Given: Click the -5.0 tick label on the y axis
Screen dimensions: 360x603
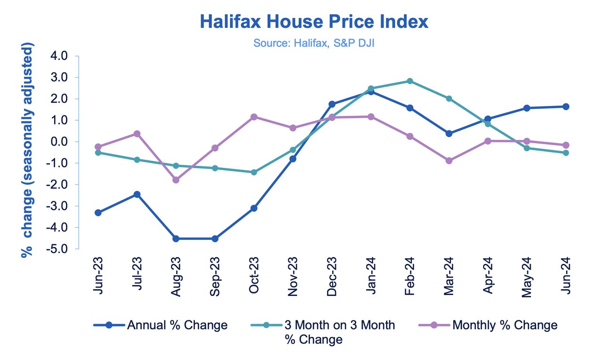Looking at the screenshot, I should click(58, 249).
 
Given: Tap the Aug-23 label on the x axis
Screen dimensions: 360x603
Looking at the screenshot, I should click(176, 276).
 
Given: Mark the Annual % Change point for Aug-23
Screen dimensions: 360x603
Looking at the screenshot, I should click(176, 239).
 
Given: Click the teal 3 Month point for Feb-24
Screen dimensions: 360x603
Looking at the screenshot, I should click(410, 81).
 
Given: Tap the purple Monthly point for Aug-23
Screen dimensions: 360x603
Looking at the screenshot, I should click(176, 180).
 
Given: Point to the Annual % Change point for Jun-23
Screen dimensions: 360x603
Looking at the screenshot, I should click(98, 213).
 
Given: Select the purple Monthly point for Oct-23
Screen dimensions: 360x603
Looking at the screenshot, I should click(254, 117).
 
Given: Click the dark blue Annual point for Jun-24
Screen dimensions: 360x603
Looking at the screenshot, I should click(565, 106).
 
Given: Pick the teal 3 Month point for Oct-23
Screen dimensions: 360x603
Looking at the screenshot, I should click(254, 172).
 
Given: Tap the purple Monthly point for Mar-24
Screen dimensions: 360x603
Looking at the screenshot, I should click(448, 161).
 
